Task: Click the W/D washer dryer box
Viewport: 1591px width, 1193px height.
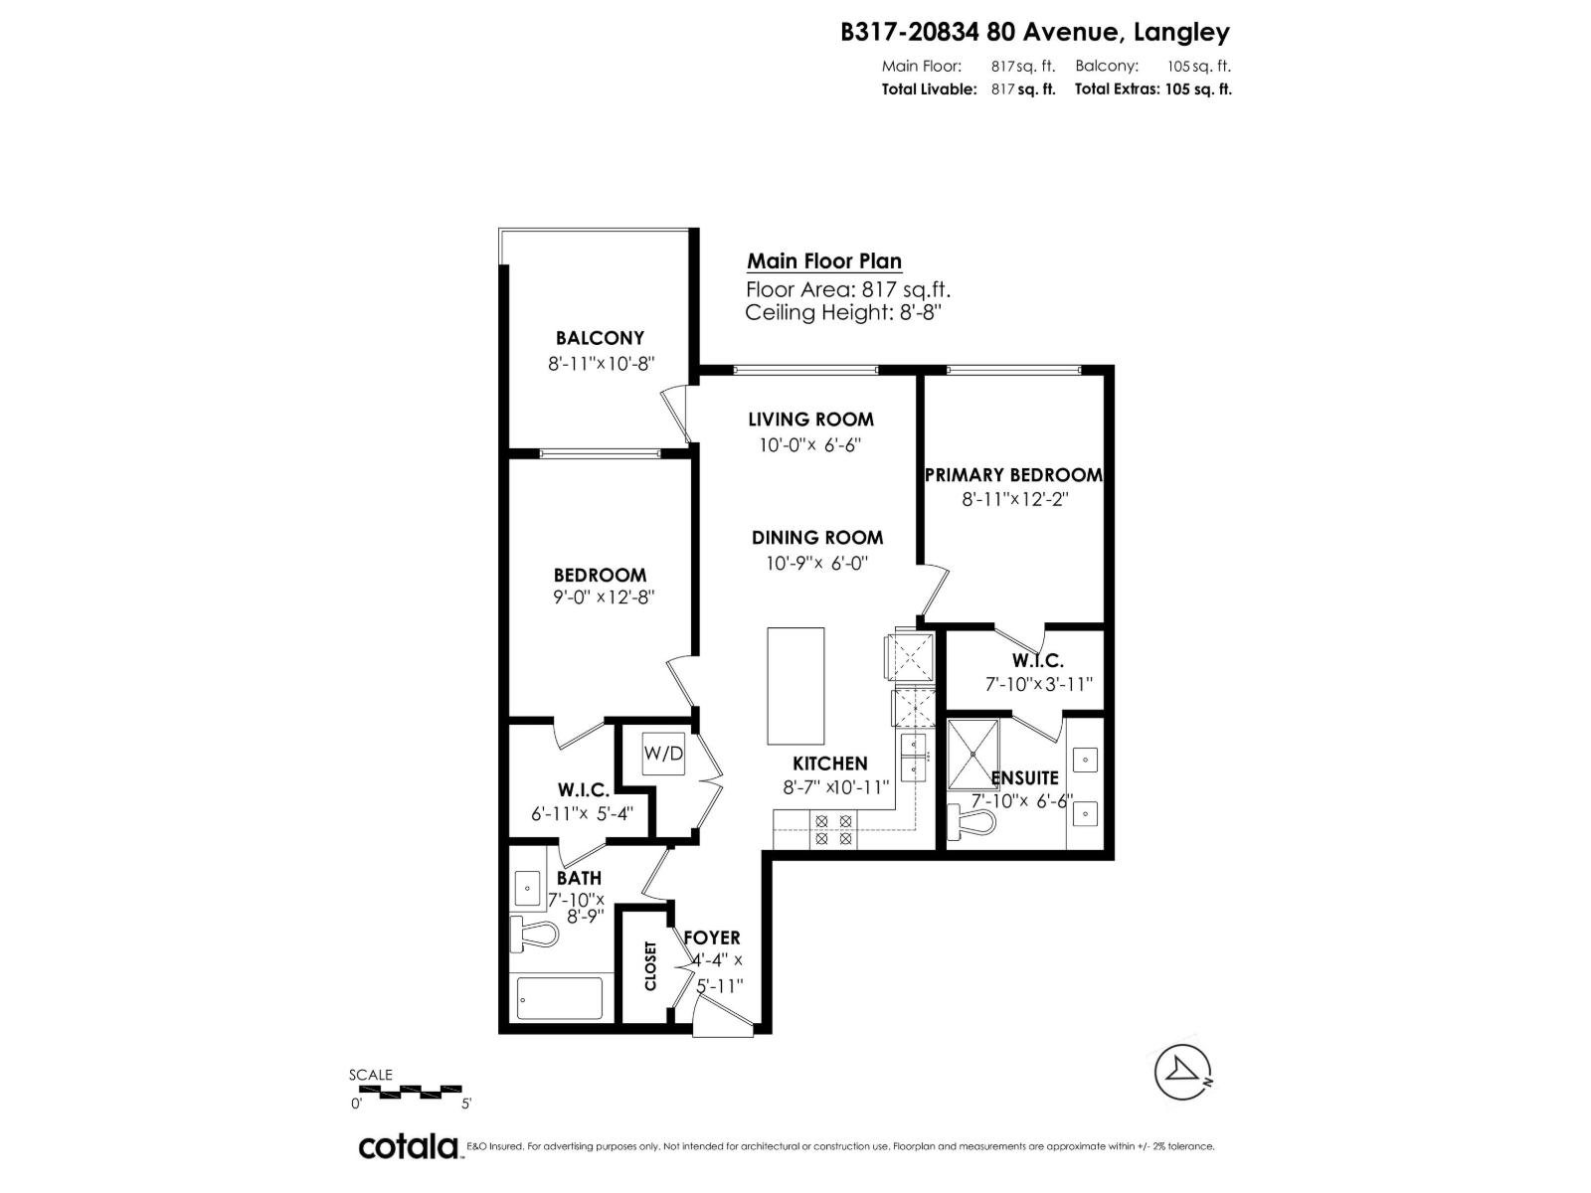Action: click(663, 754)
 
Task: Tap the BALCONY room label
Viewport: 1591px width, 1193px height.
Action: click(600, 338)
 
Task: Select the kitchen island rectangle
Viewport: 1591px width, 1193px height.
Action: click(795, 686)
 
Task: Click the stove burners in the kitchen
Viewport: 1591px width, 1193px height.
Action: click(833, 829)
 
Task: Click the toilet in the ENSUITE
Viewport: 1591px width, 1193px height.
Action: click(971, 821)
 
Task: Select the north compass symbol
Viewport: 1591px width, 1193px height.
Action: click(1183, 1072)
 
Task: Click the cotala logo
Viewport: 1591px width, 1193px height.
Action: click(408, 1146)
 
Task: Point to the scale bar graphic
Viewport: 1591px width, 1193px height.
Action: click(410, 1091)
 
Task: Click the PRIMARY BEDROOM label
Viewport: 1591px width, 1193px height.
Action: click(1013, 475)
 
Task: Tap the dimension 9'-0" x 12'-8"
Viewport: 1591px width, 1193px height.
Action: click(600, 597)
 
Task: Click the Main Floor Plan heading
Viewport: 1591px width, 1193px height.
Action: click(824, 261)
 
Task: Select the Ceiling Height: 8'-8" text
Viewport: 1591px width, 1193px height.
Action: click(843, 313)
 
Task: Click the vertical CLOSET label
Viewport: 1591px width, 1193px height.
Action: click(650, 965)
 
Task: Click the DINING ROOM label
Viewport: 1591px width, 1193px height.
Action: click(817, 538)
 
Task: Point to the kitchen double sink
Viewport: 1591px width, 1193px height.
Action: click(914, 758)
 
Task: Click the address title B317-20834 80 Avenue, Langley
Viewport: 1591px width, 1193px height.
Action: click(1035, 32)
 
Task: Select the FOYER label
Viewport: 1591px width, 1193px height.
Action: click(712, 937)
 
